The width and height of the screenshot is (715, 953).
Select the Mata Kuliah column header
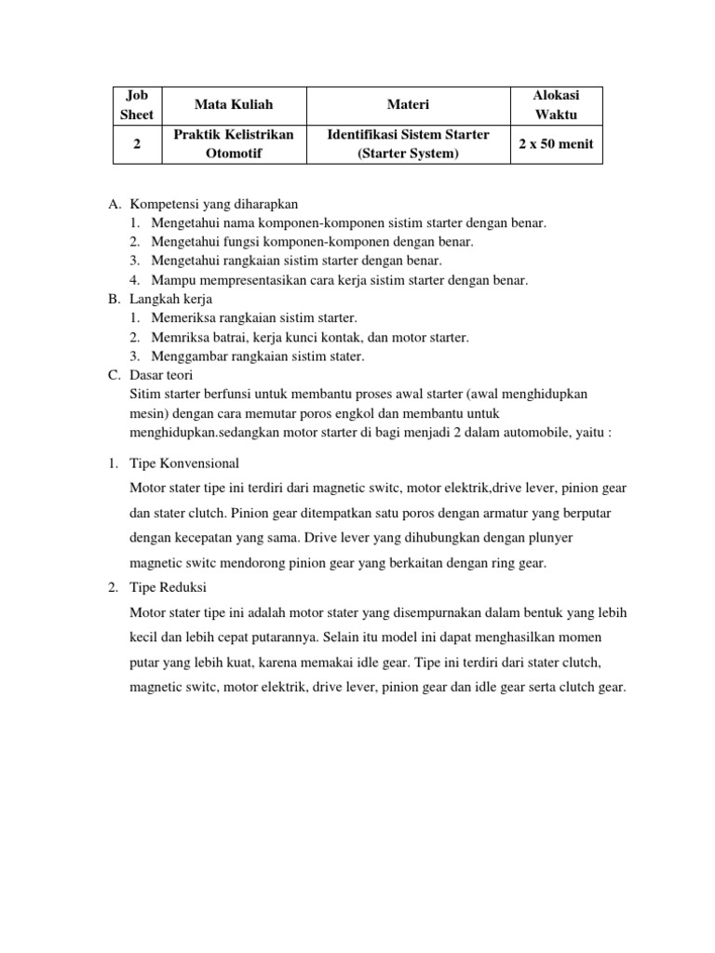point(234,105)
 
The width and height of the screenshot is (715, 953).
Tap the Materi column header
point(408,105)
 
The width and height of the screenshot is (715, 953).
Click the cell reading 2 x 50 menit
point(557,144)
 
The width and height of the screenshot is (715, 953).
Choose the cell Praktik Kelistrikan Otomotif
point(234,144)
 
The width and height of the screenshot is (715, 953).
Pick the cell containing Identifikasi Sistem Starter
point(408,144)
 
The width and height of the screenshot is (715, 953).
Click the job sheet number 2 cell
point(137,144)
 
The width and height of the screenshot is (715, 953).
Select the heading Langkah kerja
point(172,299)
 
